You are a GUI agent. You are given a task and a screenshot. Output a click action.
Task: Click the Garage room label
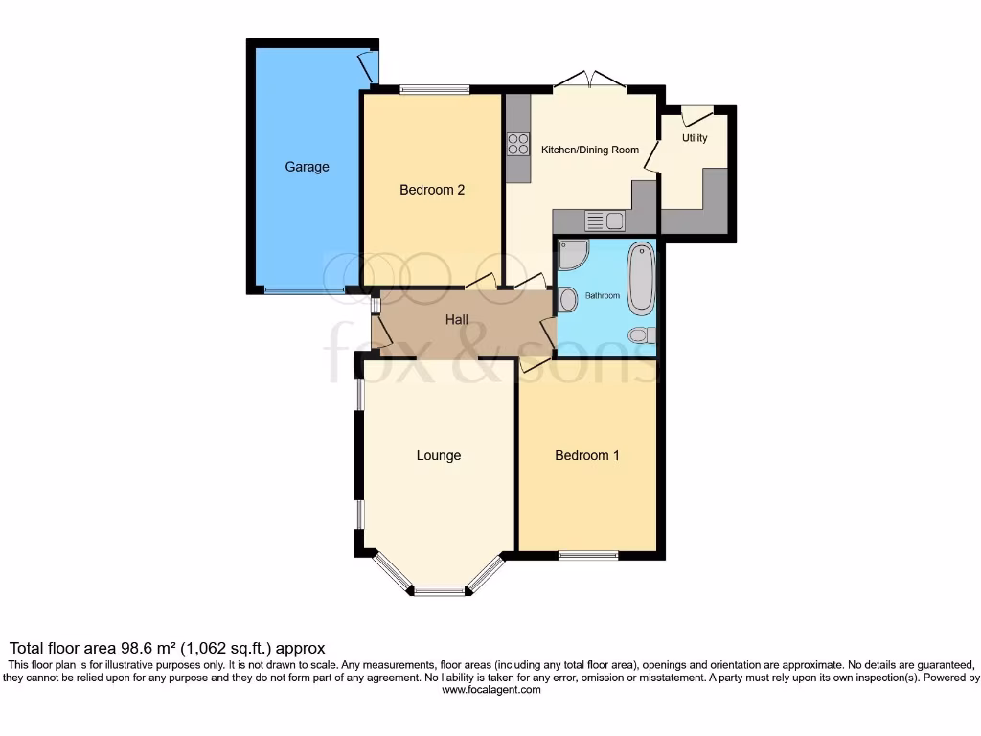click(307, 167)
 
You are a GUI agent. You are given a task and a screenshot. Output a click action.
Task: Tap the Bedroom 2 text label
click(432, 190)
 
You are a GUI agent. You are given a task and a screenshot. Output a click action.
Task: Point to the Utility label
click(695, 138)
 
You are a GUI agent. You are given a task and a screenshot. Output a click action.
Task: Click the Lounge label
click(439, 455)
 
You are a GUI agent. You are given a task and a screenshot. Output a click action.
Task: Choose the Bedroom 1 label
click(587, 455)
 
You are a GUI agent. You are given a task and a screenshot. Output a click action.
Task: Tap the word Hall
click(457, 320)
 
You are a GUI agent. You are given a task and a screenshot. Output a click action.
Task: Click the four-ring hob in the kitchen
click(517, 144)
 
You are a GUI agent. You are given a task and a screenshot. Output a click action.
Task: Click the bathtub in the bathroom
click(641, 277)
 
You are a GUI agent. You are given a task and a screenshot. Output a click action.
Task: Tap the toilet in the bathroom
click(641, 334)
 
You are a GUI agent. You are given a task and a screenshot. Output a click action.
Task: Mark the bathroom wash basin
click(566, 300)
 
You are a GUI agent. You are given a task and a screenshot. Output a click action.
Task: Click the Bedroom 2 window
click(434, 90)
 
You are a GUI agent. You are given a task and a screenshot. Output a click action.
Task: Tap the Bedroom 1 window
click(588, 555)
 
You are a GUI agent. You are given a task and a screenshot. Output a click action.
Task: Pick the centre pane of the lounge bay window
click(439, 590)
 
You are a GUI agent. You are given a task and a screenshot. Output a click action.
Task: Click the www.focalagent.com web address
click(490, 689)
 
